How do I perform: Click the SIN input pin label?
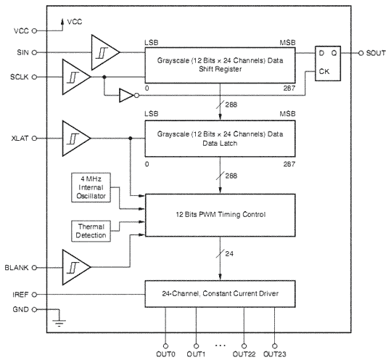[x=22, y=53]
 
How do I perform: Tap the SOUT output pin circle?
[x=361, y=53]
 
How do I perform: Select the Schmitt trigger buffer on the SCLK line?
[x=77, y=77]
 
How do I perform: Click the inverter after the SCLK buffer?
[x=129, y=95]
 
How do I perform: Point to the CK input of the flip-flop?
[x=324, y=72]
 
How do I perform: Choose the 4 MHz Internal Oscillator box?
[x=91, y=187]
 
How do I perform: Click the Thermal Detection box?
[x=91, y=231]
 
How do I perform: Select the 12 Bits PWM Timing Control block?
[x=221, y=215]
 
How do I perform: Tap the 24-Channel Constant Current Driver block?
[x=221, y=294]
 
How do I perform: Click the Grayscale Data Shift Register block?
[x=221, y=65]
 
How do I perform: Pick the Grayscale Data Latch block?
[x=221, y=139]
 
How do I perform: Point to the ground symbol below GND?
[x=59, y=323]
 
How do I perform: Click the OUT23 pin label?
[x=275, y=354]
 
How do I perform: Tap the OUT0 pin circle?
[x=165, y=346]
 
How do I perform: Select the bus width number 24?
[x=229, y=254]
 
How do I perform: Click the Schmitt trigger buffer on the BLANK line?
[x=77, y=267]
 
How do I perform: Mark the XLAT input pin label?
[x=20, y=138]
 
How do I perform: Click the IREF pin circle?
[x=34, y=295]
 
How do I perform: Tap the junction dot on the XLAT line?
[x=130, y=138]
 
